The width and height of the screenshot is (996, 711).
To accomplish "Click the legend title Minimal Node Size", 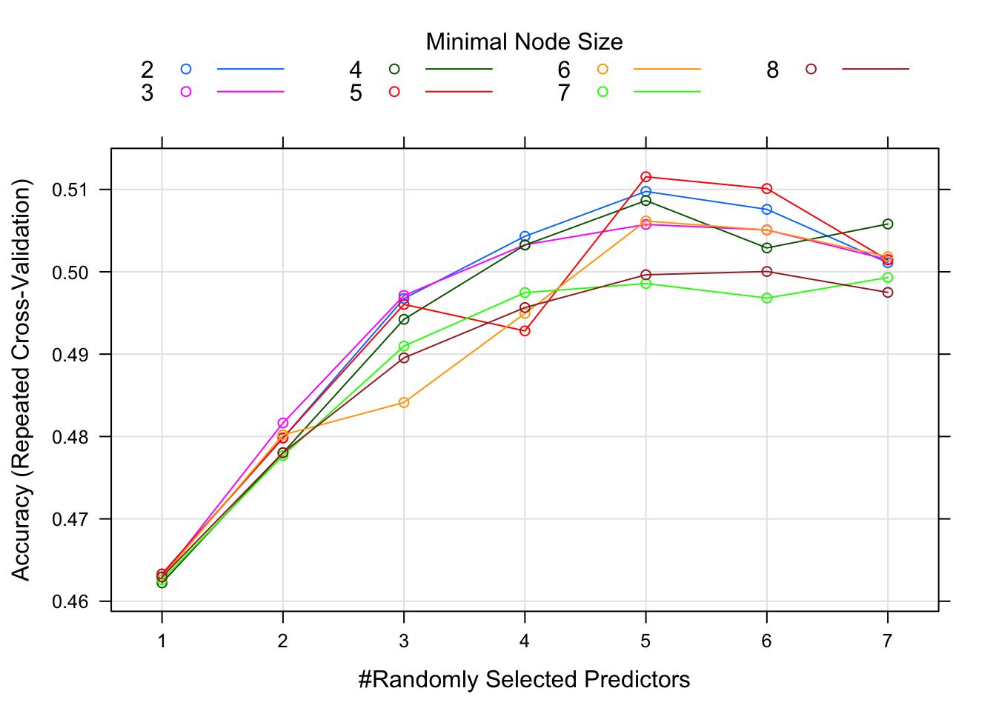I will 524,42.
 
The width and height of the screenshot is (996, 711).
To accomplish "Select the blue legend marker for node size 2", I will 186,69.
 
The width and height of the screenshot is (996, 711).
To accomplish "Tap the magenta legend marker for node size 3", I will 186,92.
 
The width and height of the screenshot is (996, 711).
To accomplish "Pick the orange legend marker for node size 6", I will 602,69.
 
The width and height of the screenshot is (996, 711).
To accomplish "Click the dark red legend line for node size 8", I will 875,69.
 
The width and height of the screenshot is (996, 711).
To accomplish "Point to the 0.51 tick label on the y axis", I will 70,190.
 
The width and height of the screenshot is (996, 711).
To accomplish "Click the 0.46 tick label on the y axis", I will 70,601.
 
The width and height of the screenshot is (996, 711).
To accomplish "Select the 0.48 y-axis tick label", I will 70,437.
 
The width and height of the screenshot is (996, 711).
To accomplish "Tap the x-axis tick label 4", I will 525,641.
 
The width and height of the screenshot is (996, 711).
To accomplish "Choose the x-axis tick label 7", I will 887,641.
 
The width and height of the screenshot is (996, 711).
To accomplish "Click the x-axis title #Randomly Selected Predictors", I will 524,679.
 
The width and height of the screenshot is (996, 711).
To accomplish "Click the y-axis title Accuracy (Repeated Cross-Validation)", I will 21,379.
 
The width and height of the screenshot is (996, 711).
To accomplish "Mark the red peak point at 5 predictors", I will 645,177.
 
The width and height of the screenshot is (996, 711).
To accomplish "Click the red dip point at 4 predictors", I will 525,331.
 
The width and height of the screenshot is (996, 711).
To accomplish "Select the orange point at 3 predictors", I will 404,402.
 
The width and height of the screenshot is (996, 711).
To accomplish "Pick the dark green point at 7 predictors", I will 888,224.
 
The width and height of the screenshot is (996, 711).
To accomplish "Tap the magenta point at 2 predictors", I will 282,423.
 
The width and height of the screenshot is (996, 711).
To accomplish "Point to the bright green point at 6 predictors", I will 767,298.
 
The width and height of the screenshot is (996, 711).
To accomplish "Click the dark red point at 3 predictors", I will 404,358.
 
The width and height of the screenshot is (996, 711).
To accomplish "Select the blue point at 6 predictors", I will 767,210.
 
